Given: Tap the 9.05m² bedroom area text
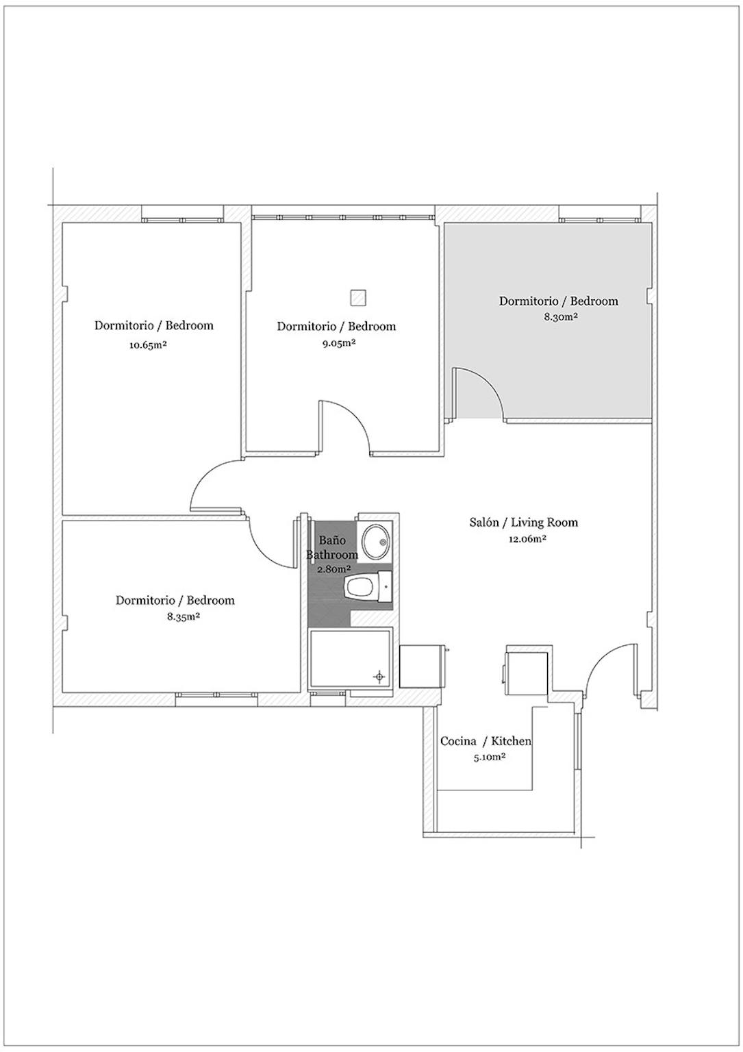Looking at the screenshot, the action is pos(336,343).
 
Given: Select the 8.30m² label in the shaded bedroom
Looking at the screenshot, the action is pos(560,316).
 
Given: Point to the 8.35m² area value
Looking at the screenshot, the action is pos(184,616).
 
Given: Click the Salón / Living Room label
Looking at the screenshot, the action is pos(524,523).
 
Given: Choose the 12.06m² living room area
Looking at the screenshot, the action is pos(527,539).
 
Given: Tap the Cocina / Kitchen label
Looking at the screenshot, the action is pos(486,740).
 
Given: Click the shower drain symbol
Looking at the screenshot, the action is pos(379,677).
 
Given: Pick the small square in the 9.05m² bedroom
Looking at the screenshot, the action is pos(358,297).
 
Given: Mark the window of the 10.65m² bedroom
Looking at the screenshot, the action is pos(183,220).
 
